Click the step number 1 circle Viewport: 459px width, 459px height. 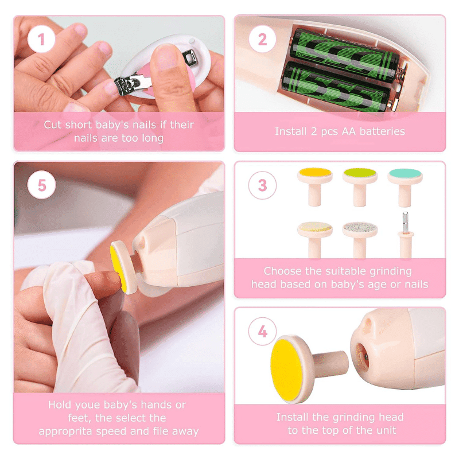pos(41,39)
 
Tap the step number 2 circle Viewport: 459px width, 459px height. pos(262,39)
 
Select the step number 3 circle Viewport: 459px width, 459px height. pos(262,185)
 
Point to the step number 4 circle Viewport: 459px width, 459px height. pos(262,332)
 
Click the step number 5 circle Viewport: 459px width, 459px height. pos(41,185)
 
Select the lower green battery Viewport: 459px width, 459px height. pos(337,87)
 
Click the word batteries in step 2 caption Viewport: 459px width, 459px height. pos(382,131)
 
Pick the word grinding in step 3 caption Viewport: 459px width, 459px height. pos(391,272)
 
